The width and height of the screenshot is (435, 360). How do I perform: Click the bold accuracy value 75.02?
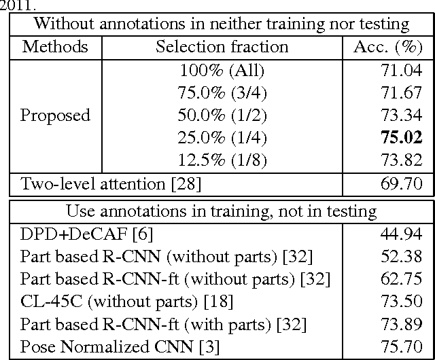[403, 138]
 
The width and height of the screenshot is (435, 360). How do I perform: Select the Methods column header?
[55, 48]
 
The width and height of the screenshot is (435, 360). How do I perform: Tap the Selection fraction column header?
[222, 48]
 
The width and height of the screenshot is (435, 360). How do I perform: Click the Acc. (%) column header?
[389, 48]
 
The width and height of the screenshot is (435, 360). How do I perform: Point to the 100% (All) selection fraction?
[222, 70]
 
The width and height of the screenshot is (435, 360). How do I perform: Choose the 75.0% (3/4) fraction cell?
[222, 92]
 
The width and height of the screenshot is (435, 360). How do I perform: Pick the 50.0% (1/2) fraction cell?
[222, 115]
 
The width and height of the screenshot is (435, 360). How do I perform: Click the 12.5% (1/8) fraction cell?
[222, 160]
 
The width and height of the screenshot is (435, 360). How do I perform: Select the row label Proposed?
[55, 115]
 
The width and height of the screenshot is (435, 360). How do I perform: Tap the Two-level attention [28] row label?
[111, 183]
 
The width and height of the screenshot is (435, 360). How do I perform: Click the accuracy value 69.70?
[404, 183]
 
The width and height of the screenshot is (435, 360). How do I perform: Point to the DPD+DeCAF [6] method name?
[87, 234]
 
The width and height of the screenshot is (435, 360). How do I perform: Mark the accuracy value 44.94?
[404, 234]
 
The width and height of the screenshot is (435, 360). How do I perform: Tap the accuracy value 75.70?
[404, 346]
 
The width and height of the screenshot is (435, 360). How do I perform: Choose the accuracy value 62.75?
[404, 279]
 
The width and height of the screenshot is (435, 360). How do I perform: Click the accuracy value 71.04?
[404, 70]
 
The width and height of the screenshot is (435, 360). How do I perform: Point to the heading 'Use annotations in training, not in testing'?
[221, 211]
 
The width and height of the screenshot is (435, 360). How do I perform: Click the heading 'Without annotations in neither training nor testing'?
[221, 24]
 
